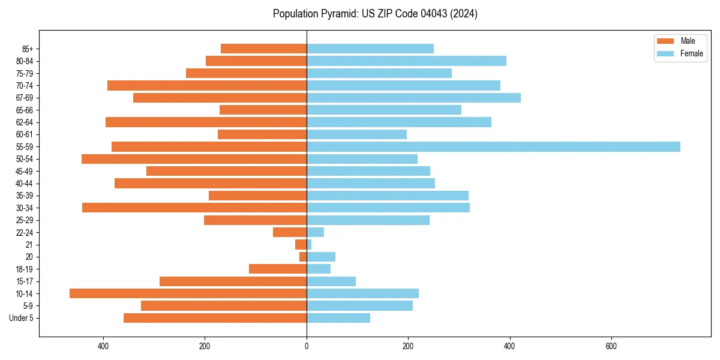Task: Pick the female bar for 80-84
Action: pos(406,61)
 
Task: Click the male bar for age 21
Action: pos(301,245)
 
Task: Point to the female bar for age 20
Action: pos(321,257)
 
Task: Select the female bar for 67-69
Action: pos(413,98)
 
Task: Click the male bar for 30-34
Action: pos(194,208)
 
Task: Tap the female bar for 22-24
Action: pos(315,232)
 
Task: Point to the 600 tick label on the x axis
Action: pos(611,346)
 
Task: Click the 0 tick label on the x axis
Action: pos(307,346)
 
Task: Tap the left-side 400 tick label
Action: pos(103,346)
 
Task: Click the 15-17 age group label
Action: pos(25,281)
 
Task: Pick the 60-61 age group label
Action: pos(25,134)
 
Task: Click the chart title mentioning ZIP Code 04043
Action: pos(375,14)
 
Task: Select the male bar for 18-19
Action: pos(278,269)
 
